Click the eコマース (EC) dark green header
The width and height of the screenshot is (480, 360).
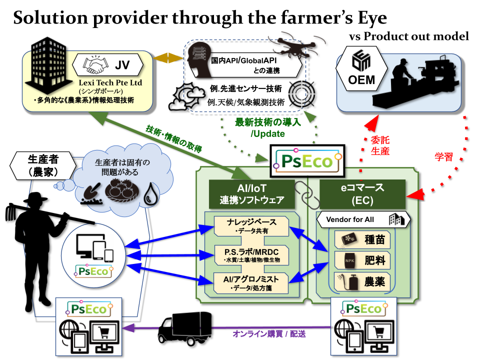pos(362,194)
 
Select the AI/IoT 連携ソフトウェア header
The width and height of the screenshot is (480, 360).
pos(251,194)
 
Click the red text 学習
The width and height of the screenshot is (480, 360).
pos(444,157)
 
